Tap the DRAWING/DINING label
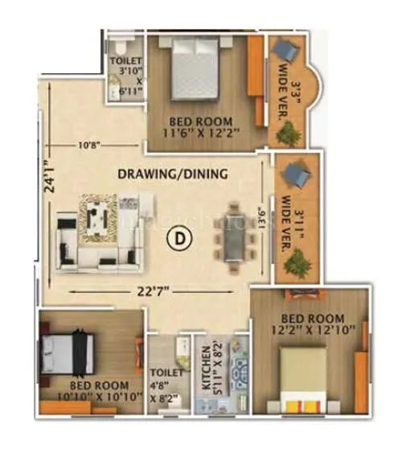(173, 174)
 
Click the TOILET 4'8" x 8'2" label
(166, 384)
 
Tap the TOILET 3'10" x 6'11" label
(129, 76)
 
